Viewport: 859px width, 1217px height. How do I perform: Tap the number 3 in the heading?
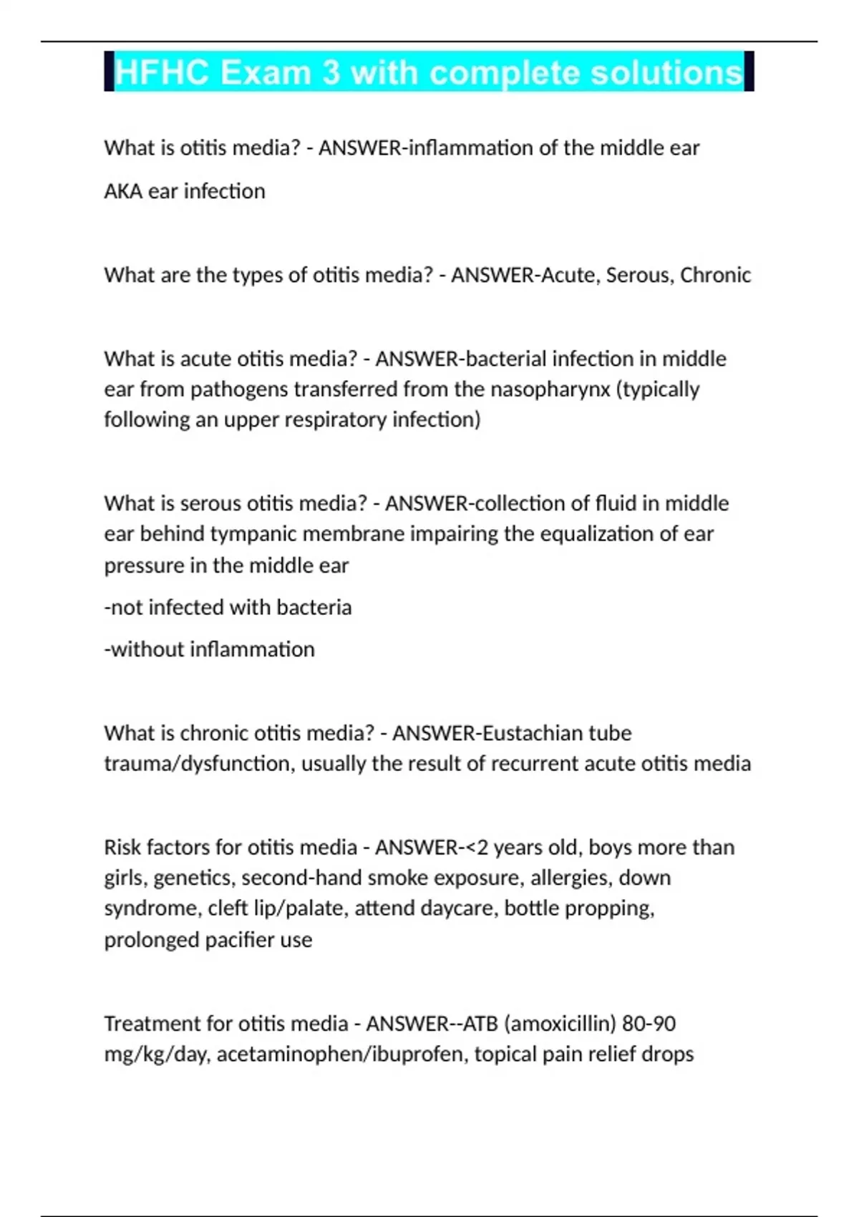331,73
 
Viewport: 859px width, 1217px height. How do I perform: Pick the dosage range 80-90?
649,1024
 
